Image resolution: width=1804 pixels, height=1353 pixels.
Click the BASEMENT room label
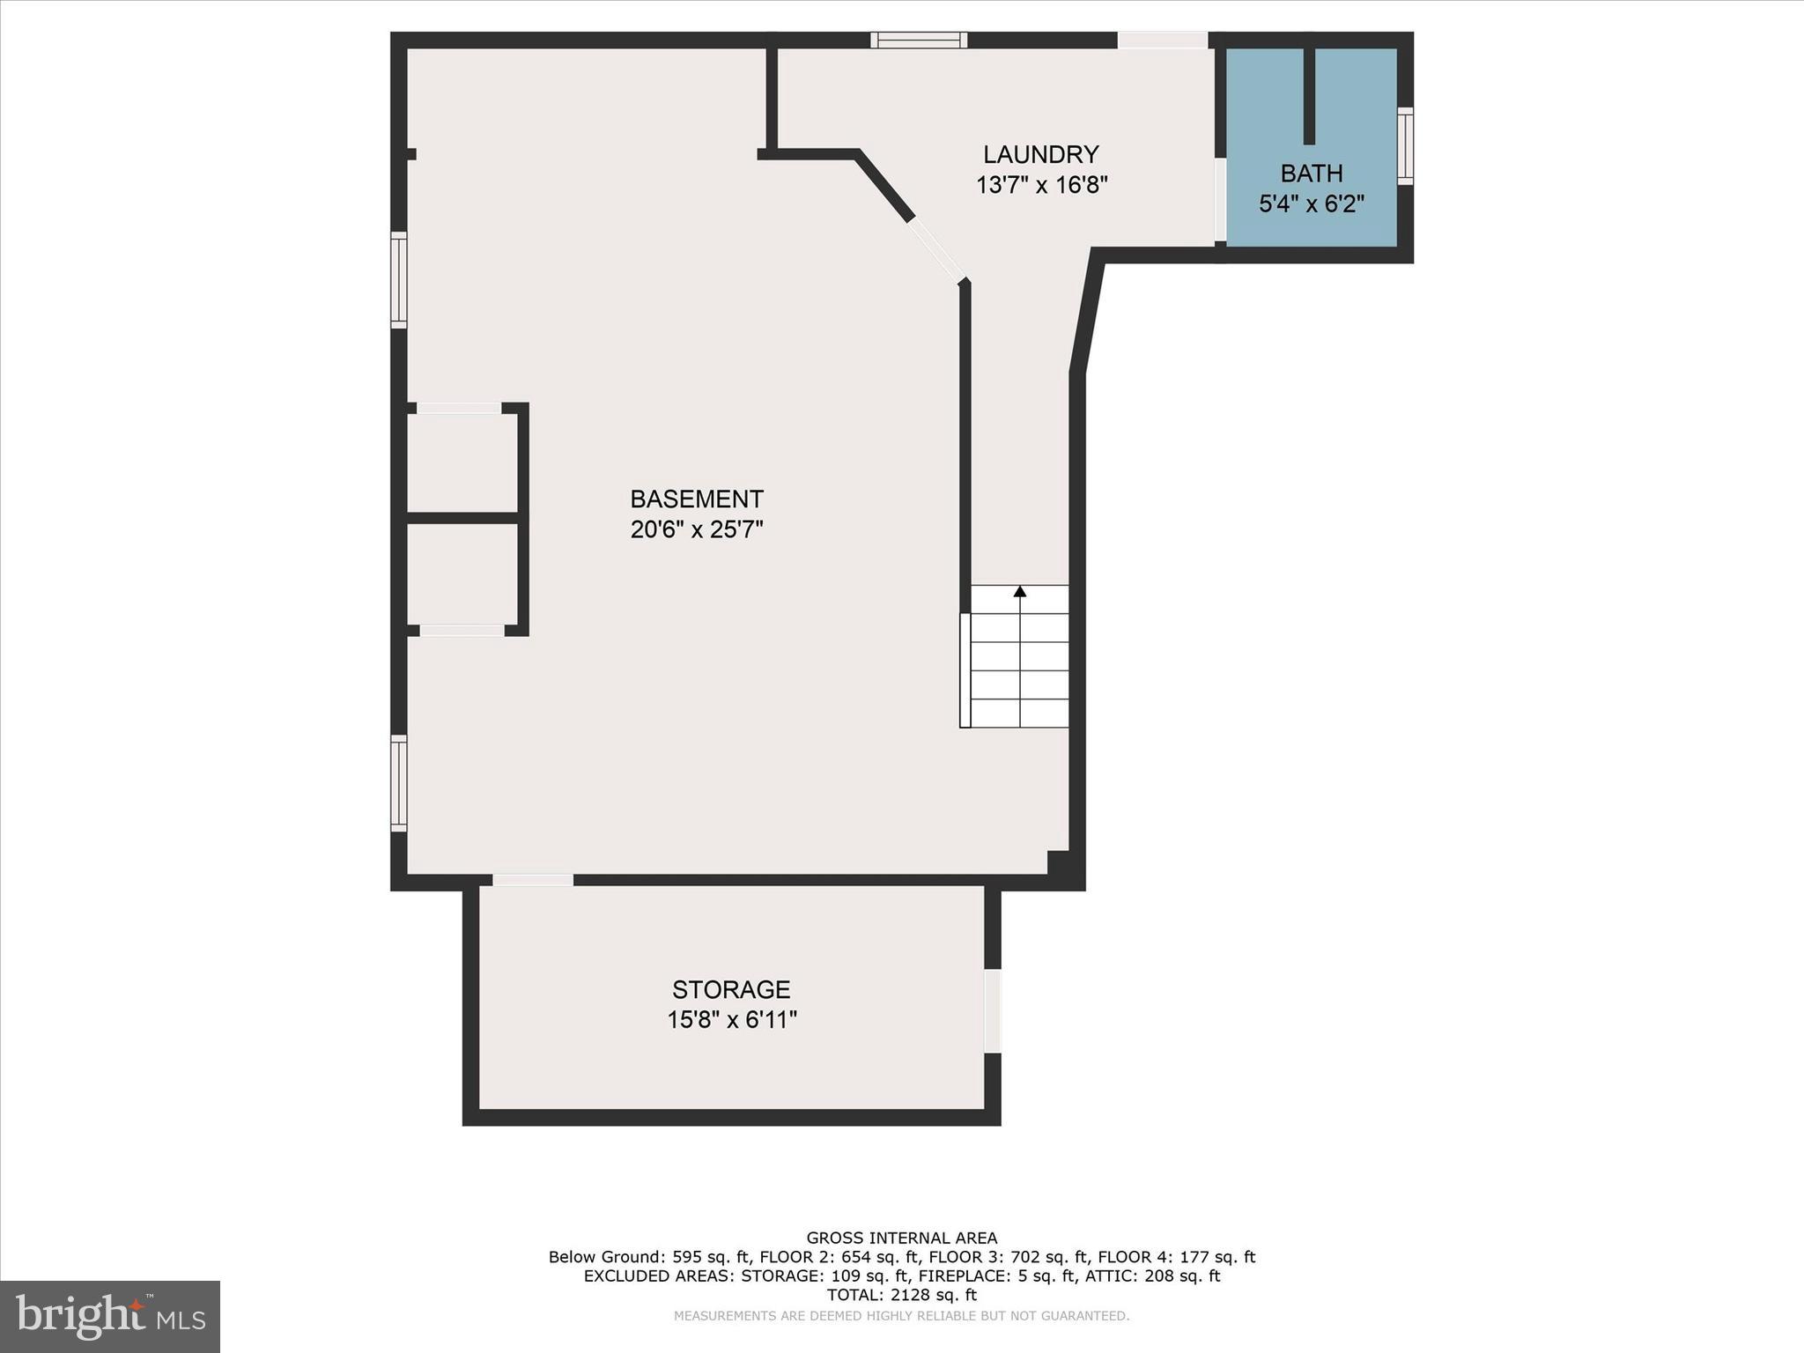(696, 499)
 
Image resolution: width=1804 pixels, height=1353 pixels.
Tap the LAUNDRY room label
(1040, 155)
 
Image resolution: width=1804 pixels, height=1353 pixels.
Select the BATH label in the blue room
(1311, 174)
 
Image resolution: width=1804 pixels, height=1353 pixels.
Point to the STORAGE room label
(731, 989)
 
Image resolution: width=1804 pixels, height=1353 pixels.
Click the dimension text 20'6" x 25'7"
(696, 529)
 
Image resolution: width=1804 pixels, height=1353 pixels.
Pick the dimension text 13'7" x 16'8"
(1041, 186)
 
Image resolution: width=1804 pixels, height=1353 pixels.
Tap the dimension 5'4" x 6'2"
(1311, 204)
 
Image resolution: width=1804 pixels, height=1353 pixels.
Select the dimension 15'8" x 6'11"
(731, 1020)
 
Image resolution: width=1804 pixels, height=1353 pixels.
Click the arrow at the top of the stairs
(1020, 591)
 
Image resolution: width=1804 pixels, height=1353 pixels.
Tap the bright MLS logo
(110, 1316)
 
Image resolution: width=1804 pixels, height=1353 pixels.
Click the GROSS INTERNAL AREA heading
(901, 1238)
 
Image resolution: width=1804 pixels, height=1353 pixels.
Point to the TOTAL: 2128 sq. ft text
(901, 1295)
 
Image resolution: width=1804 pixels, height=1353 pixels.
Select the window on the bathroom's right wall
(1406, 146)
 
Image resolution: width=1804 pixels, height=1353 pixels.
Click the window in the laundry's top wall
(919, 40)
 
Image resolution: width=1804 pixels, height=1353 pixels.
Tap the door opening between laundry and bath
(1220, 200)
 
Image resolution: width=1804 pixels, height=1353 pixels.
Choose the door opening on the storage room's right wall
(993, 1010)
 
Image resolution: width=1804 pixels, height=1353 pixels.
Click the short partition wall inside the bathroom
(1309, 95)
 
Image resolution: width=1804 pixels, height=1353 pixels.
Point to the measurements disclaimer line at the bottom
(901, 1316)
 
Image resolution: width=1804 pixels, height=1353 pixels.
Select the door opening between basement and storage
(533, 880)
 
